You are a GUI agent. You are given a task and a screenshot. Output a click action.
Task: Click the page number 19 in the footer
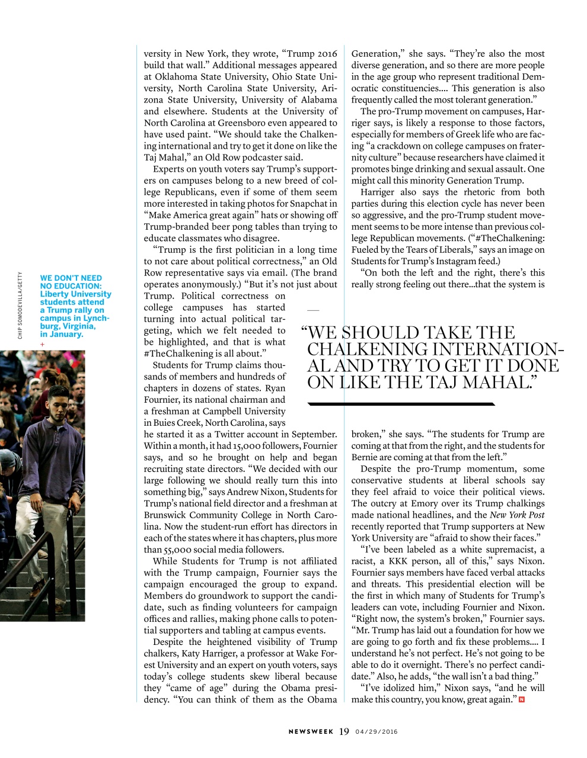point(344,731)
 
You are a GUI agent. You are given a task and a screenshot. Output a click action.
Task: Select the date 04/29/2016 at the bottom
point(377,732)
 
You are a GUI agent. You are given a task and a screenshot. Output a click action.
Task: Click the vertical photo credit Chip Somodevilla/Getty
point(20,306)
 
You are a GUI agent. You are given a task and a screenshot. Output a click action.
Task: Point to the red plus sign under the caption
point(42,344)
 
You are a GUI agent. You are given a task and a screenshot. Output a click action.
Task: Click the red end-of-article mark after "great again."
point(521,700)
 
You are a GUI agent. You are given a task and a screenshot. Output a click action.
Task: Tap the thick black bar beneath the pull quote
point(401,404)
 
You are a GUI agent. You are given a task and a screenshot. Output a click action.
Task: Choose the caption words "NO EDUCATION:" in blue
point(71,286)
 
